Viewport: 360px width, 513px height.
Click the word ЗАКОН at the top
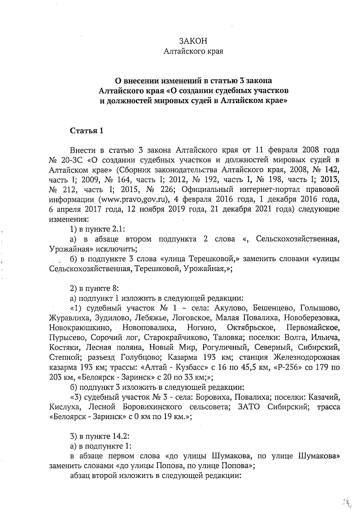pos(193,41)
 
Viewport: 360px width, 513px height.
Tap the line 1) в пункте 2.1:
pos(97,229)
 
